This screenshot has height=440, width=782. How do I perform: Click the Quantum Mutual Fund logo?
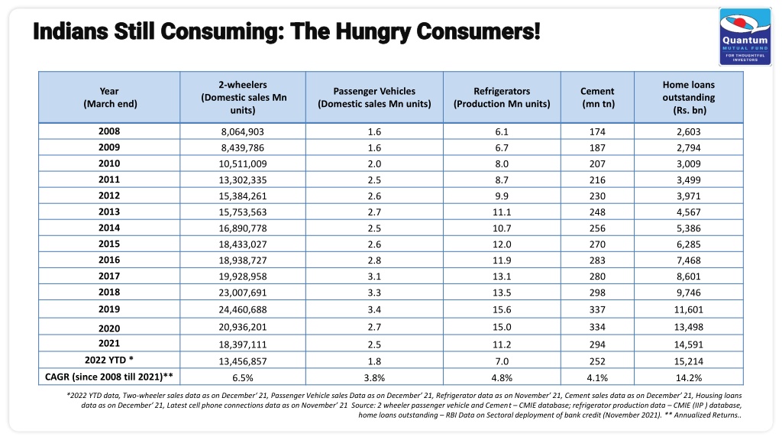745,37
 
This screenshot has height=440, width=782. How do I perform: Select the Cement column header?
597,97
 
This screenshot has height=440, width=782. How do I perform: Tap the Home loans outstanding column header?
689,97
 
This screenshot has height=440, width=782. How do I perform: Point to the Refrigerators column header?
502,97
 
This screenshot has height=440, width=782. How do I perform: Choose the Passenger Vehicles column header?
374,97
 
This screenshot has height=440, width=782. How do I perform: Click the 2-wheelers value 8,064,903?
243,131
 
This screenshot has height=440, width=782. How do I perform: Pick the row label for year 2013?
109,212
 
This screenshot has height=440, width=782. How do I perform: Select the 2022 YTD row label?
109,360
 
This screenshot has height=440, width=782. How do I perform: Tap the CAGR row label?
109,377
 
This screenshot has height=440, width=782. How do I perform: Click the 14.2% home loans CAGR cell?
689,377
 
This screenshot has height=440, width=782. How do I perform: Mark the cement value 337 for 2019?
597,310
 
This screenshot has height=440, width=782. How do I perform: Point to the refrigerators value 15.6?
502,310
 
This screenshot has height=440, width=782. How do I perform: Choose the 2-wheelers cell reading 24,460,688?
243,310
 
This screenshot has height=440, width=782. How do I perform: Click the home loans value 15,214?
689,361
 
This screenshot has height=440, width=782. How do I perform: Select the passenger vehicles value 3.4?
374,310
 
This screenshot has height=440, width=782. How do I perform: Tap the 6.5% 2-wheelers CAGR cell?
243,377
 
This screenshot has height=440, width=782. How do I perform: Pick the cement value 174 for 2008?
597,131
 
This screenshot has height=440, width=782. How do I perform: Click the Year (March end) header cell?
110,97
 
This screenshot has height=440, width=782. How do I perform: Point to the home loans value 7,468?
689,260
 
